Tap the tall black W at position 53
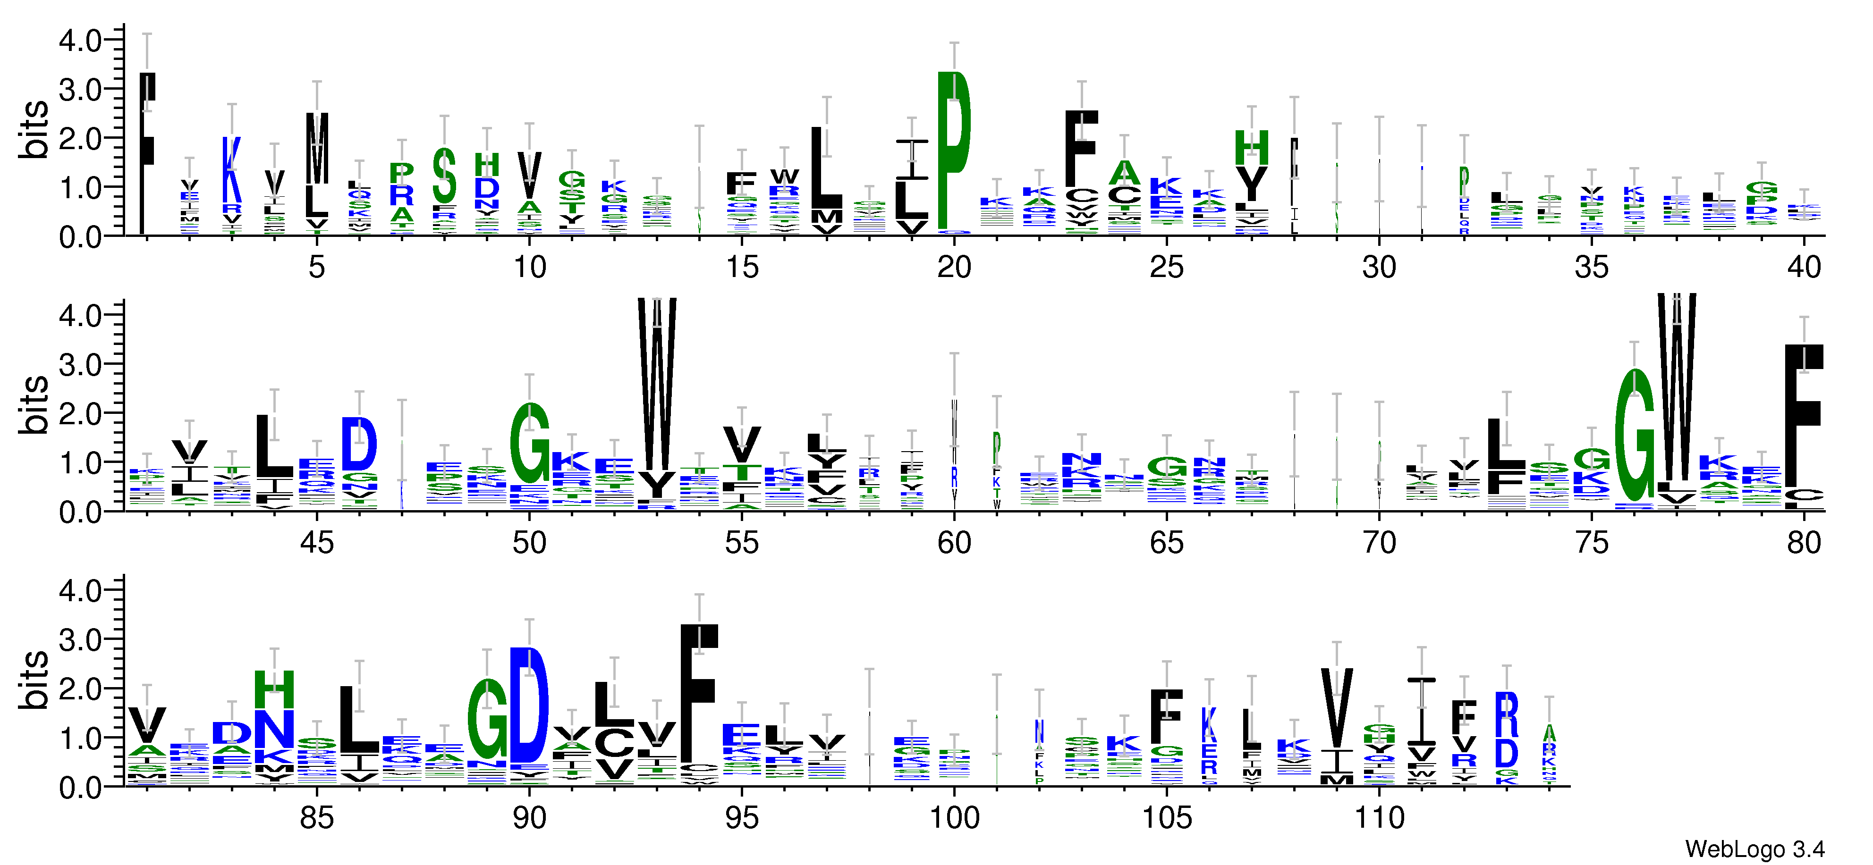(657, 385)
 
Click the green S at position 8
(444, 176)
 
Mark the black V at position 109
(1336, 709)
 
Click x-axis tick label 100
(954, 818)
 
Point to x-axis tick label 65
(1166, 543)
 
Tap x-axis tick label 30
(1379, 268)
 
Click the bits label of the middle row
(34, 405)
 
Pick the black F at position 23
(1081, 149)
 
